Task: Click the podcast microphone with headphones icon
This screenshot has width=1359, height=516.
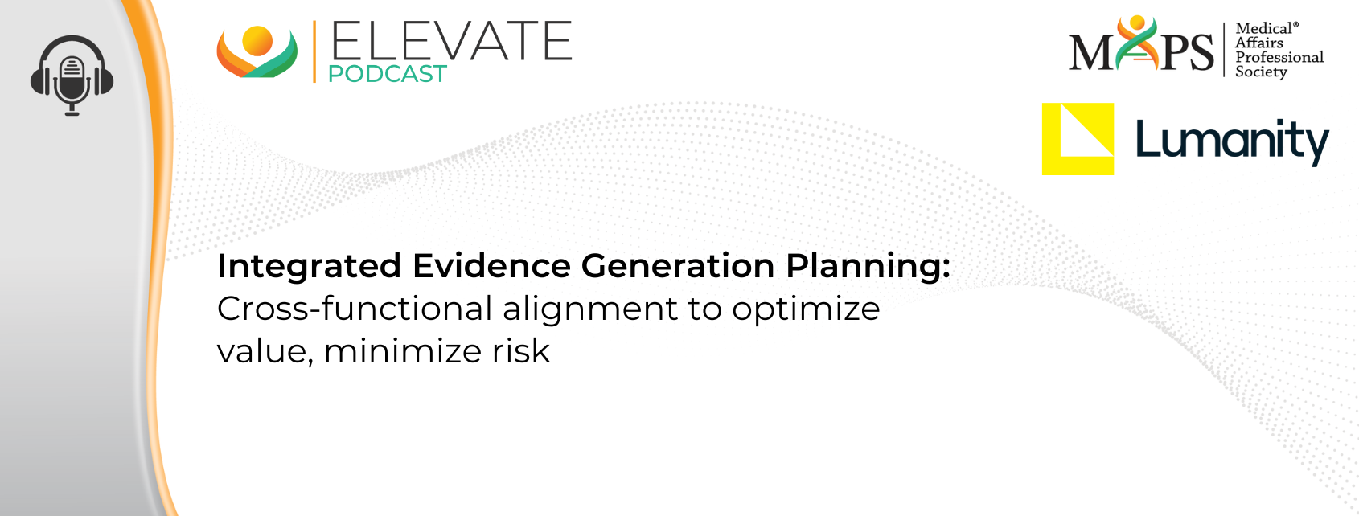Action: pos(72,76)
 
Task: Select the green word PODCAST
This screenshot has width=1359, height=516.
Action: pos(387,73)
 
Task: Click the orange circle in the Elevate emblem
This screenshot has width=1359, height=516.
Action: pos(257,41)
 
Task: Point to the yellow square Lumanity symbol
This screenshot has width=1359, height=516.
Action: pos(1078,139)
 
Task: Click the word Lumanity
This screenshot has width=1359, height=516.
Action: pos(1232,142)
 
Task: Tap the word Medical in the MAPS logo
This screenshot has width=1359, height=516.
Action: pos(1267,28)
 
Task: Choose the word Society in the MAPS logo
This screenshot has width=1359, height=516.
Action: pos(1262,72)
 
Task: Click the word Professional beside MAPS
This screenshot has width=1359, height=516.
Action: pos(1279,57)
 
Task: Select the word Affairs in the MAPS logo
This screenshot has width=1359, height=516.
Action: pos(1259,43)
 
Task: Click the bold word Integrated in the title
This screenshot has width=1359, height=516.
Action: pos(310,267)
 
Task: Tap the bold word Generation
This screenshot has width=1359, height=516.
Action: pos(678,265)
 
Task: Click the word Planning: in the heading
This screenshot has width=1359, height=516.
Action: pos(868,267)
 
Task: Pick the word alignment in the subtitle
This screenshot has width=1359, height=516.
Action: pos(589,310)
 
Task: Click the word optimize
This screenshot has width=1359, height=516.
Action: pos(806,310)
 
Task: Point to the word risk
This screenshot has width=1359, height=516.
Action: pos(521,351)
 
